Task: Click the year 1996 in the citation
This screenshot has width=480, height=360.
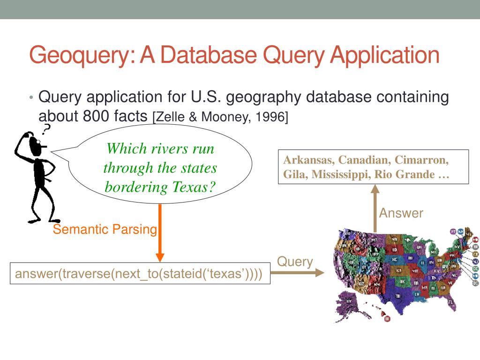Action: (x=268, y=117)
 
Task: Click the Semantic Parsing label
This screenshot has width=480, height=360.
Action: (x=105, y=229)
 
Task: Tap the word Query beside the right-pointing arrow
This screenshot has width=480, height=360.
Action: (x=295, y=261)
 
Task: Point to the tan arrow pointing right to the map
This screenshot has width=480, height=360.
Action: (x=297, y=272)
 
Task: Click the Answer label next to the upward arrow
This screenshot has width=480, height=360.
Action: (x=401, y=213)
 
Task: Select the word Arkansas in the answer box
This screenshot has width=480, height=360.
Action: (x=308, y=160)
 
